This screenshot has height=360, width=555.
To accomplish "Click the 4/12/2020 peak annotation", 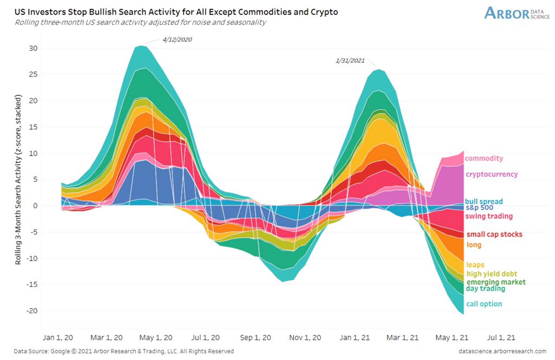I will [x=177, y=40].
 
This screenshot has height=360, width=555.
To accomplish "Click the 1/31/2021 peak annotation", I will [x=350, y=60].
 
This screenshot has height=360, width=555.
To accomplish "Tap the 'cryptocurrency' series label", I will [x=491, y=175].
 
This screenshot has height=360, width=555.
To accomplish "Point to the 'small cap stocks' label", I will [x=494, y=234].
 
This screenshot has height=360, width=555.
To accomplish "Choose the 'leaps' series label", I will [x=475, y=265].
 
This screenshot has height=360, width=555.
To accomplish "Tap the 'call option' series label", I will [x=483, y=304].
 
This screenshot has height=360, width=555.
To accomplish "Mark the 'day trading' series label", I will [x=485, y=288].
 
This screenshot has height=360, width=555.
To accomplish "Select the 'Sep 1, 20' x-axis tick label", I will [x=255, y=337].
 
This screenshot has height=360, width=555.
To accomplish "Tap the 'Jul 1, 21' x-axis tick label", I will [x=504, y=337].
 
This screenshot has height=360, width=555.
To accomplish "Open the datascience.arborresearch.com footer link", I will [x=502, y=351].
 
